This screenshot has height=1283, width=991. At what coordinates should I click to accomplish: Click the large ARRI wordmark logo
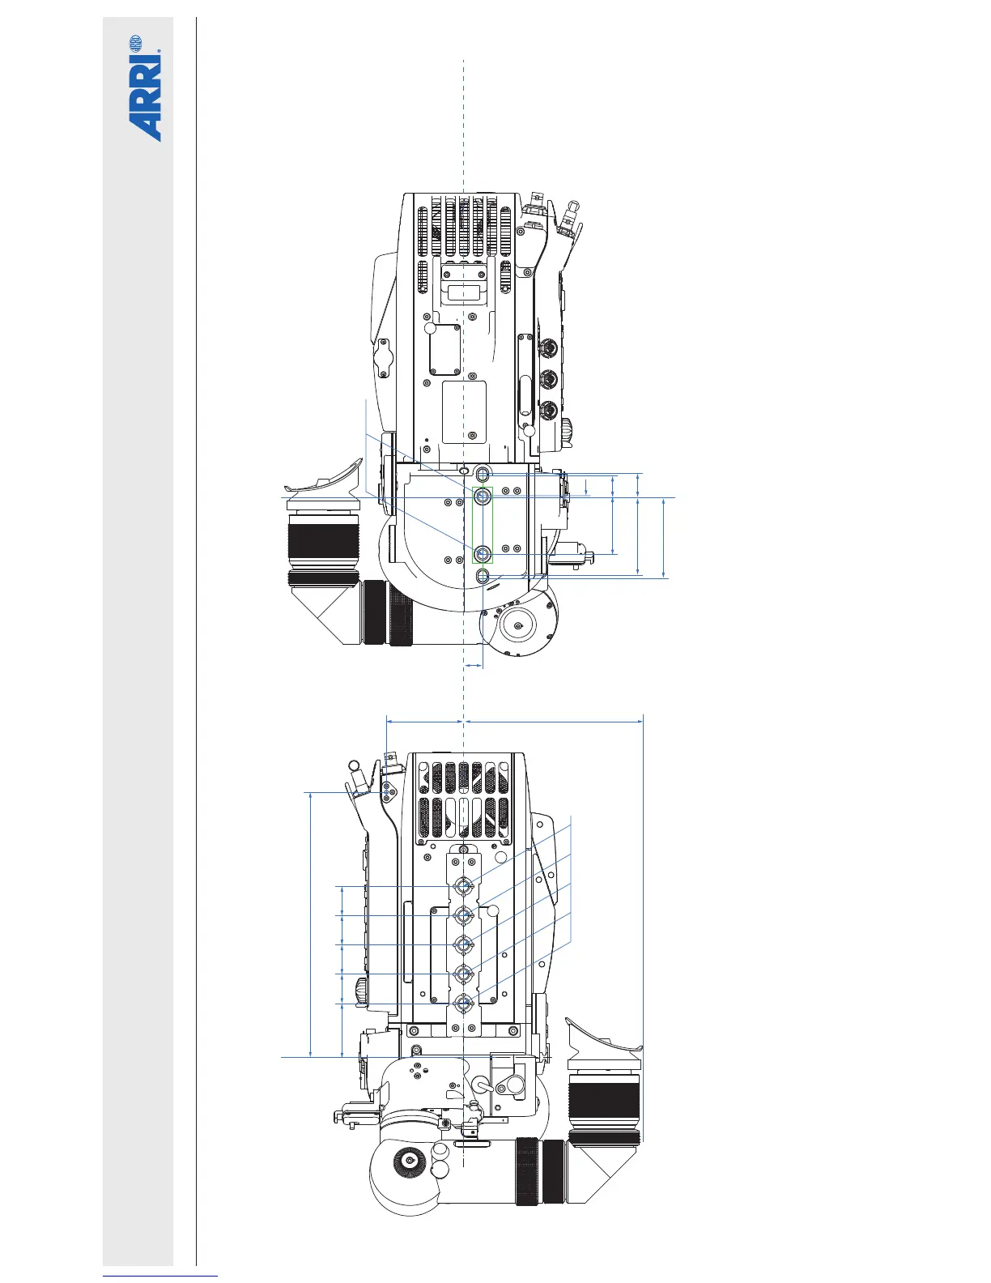click(145, 97)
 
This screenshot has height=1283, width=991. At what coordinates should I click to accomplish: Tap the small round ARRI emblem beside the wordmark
click(135, 42)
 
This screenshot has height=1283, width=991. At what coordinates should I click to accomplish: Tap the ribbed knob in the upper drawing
click(568, 432)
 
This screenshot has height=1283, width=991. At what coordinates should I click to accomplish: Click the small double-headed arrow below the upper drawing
click(474, 666)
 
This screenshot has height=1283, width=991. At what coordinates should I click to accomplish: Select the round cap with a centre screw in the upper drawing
click(518, 625)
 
